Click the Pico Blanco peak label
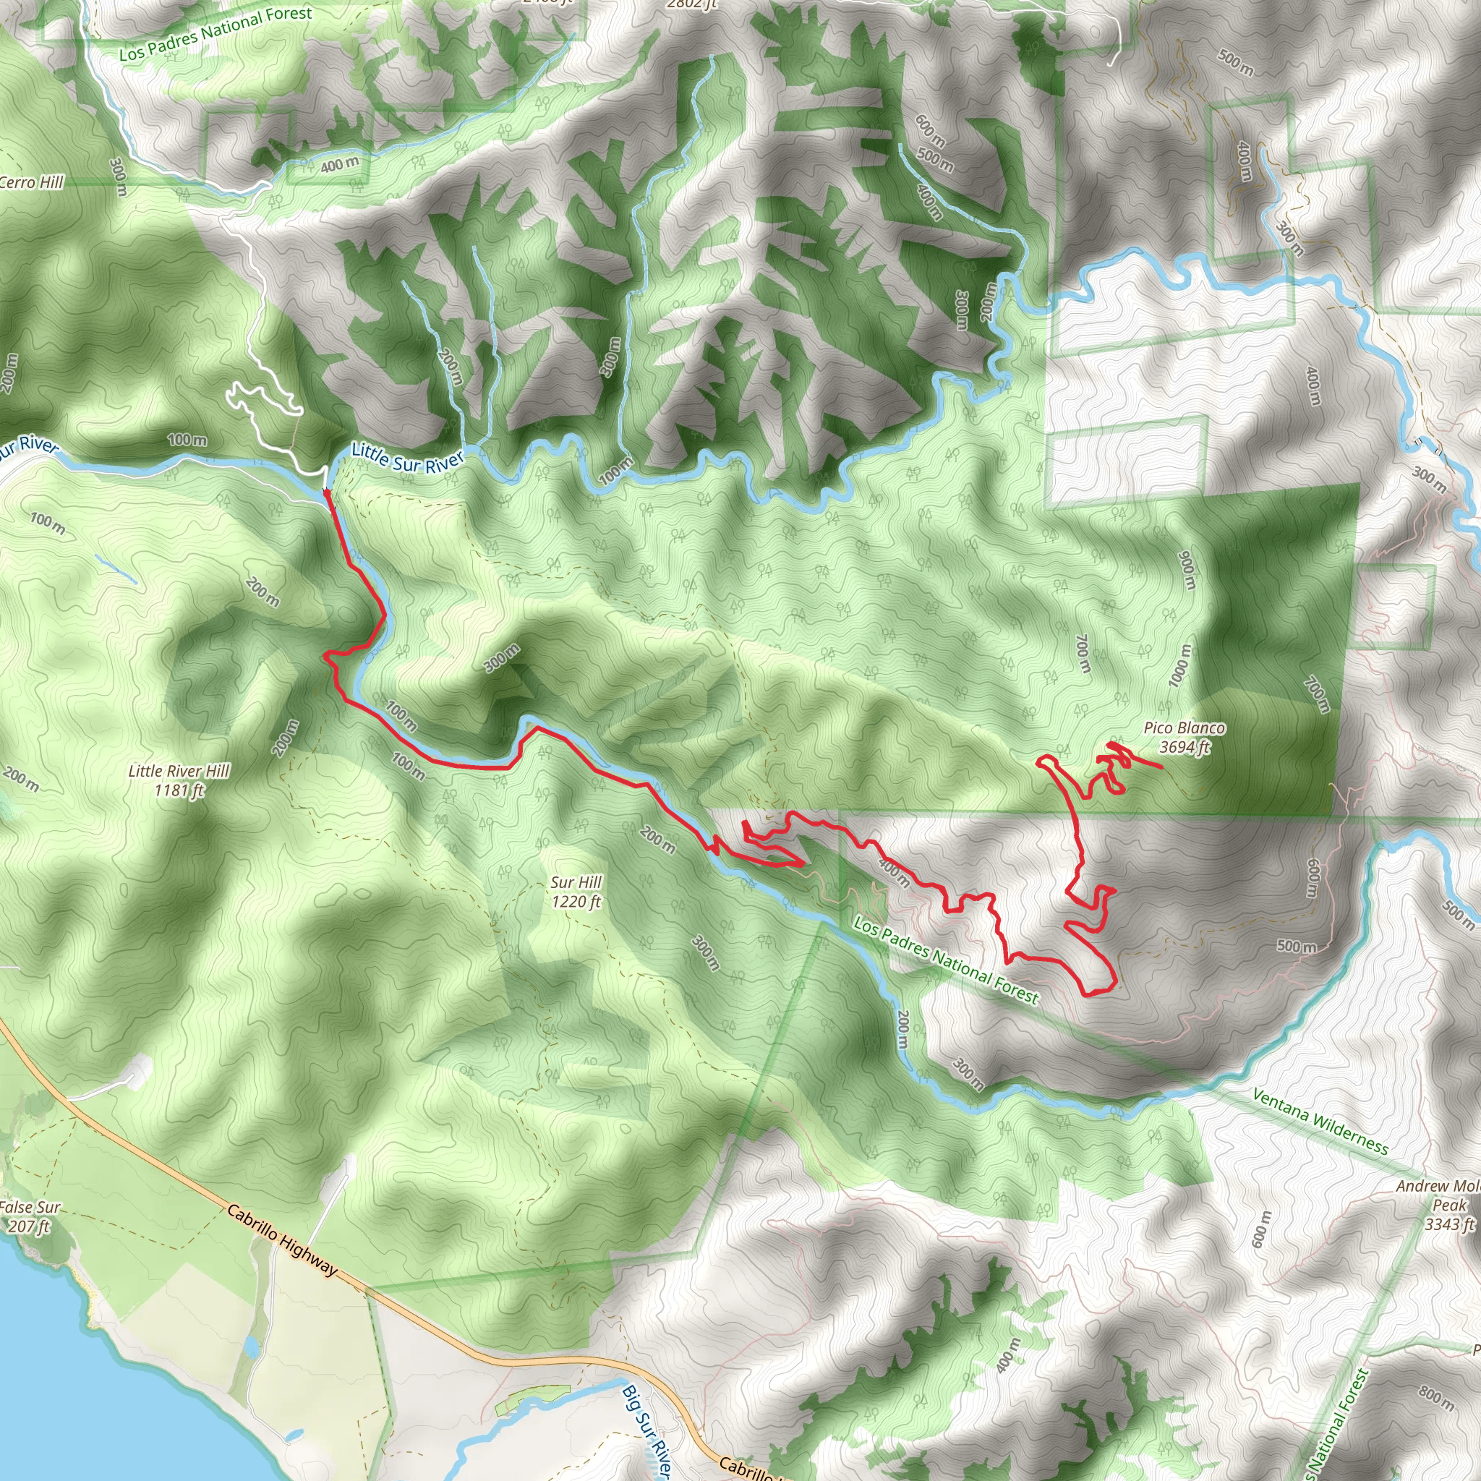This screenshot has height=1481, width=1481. [1185, 727]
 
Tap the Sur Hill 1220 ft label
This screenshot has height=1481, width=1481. [576, 892]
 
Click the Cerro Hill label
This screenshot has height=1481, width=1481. [31, 182]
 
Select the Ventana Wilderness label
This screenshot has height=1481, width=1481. [1320, 1122]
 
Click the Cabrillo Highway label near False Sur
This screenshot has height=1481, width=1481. [282, 1239]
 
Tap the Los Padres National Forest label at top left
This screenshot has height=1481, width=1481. [215, 34]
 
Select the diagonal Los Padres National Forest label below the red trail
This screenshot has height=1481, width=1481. [947, 961]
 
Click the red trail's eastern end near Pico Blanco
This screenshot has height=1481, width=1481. [1162, 767]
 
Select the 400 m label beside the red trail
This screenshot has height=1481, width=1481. [894, 872]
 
